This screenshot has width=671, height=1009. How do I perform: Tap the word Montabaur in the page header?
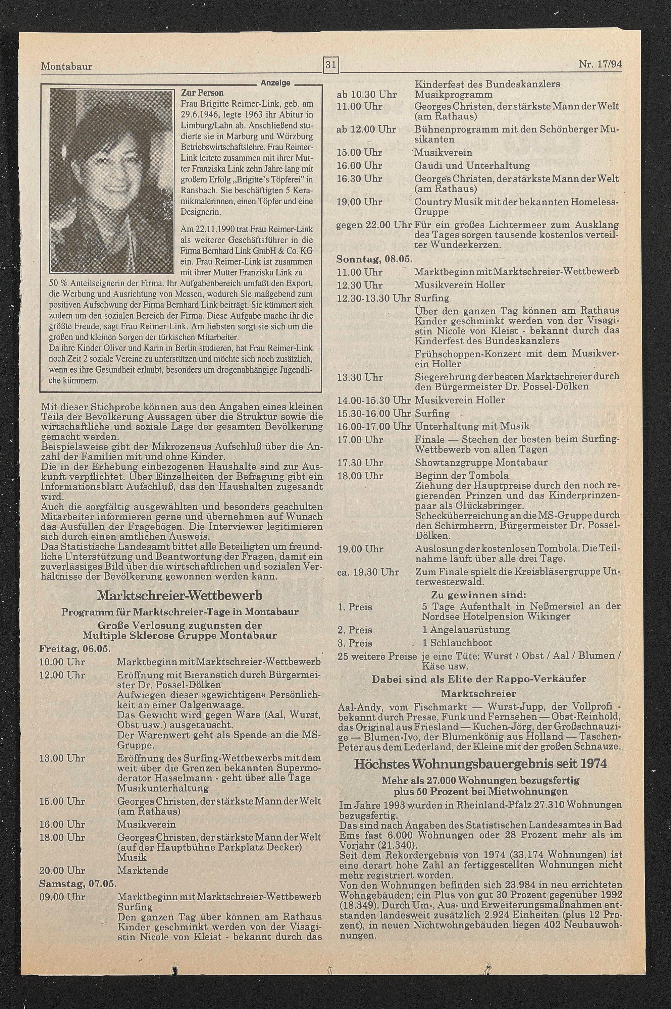[x=66, y=67]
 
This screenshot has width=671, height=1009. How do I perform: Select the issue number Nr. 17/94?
[x=600, y=65]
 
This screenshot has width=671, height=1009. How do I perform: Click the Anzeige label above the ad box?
[x=275, y=83]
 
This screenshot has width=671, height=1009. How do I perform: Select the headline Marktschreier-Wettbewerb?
[x=180, y=595]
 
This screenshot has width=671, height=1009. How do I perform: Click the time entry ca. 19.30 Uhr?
[x=368, y=572]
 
